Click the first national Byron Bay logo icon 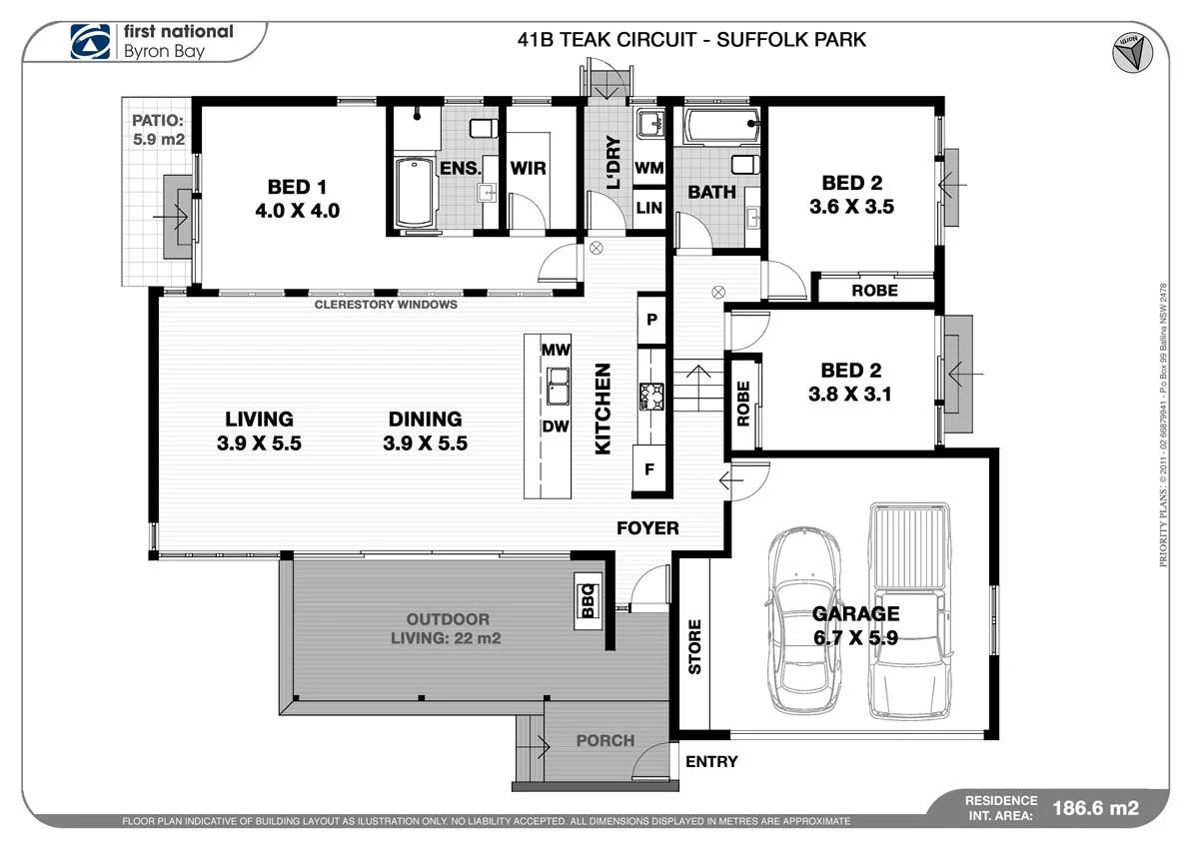pos(90,41)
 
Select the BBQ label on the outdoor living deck pos(588,600)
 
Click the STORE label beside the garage pos(694,646)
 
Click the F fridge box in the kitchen pos(648,468)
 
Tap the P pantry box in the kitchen pos(651,320)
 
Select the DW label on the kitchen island pos(556,426)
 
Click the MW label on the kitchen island pos(556,350)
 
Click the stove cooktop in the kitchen pos(651,396)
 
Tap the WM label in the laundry pos(649,169)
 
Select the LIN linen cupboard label pos(649,208)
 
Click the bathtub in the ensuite pos(416,191)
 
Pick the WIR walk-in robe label pos(528,168)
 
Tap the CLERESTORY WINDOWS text pos(386,305)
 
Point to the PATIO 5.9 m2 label pos(159,131)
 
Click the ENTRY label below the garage pos(711,762)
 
